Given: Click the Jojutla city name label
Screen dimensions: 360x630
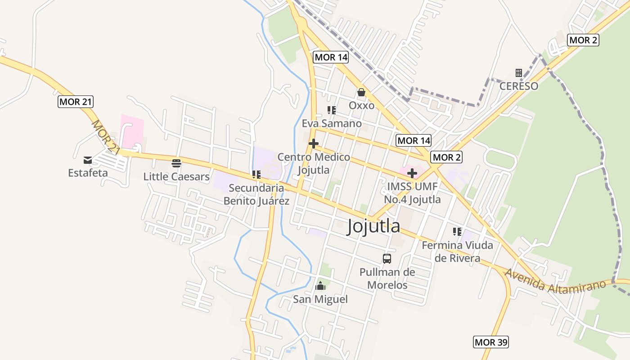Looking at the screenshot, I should click(x=373, y=226).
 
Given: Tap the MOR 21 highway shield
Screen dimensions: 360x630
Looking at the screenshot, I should click(x=76, y=102).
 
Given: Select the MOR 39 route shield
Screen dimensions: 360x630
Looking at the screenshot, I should click(x=491, y=342).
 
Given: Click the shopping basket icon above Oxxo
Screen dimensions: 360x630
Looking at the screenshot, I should click(x=361, y=92).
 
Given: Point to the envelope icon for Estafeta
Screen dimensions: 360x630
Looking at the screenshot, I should click(x=88, y=160).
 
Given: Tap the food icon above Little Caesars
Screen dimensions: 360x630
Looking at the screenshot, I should click(x=176, y=163).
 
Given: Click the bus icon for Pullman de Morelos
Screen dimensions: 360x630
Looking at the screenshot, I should click(x=387, y=258).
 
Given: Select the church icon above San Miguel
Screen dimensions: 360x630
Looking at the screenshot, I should click(x=320, y=286).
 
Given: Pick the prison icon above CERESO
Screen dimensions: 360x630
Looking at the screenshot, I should click(x=519, y=72).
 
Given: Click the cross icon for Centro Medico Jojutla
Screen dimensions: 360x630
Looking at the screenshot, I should click(x=314, y=144).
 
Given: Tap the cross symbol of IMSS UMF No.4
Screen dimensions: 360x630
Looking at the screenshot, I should click(x=412, y=173).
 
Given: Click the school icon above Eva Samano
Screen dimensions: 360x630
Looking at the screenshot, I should click(x=332, y=110).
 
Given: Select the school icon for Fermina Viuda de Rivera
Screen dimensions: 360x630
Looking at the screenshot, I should click(x=457, y=232).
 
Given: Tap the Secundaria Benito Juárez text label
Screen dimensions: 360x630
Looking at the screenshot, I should click(x=256, y=194).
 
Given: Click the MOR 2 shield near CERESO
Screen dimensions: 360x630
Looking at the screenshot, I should click(x=583, y=40).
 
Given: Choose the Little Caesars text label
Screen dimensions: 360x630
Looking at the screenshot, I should click(x=176, y=176).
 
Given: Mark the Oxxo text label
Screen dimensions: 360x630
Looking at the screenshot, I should click(x=362, y=105).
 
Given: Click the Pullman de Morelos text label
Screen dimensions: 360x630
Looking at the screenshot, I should click(x=387, y=279).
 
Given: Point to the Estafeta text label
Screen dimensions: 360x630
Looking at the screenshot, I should click(x=88, y=173).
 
